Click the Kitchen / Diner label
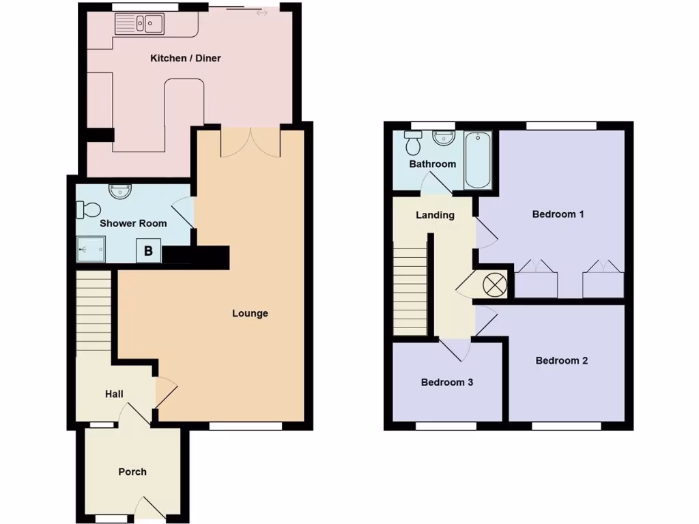click(186, 58)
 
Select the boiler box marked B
click(148, 250)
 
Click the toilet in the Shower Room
click(89, 208)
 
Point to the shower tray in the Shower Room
click(91, 249)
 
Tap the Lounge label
click(250, 313)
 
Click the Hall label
click(114, 394)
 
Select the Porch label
click(132, 471)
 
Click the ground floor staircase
click(94, 310)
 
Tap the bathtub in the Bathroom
click(477, 160)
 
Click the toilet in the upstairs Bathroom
click(413, 143)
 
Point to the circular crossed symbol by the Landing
click(494, 284)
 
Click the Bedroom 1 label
click(558, 214)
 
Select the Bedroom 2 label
click(562, 360)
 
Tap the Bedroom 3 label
click(447, 382)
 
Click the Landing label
click(435, 215)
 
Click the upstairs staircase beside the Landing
click(410, 291)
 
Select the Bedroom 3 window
click(446, 426)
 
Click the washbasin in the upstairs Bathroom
click(444, 139)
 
